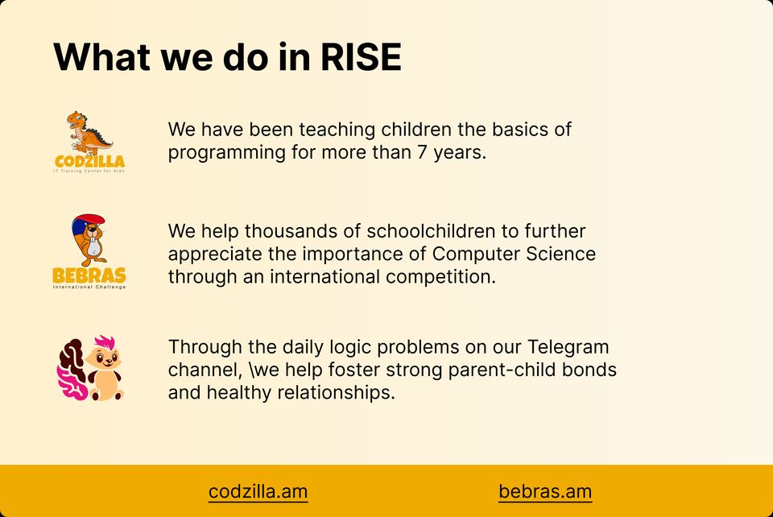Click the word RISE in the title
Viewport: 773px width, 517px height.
361,56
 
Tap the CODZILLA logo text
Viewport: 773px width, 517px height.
89,161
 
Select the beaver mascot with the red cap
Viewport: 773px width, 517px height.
89,240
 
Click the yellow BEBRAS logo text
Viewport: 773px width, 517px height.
89,275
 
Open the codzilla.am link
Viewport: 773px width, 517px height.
258,491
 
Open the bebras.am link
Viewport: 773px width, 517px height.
545,491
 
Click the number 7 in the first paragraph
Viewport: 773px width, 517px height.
422,152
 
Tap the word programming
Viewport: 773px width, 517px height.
227,153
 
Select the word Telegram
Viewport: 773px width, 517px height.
568,347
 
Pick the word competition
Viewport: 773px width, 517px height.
440,277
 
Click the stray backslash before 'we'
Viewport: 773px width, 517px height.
252,370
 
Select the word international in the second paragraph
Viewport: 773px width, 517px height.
324,276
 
